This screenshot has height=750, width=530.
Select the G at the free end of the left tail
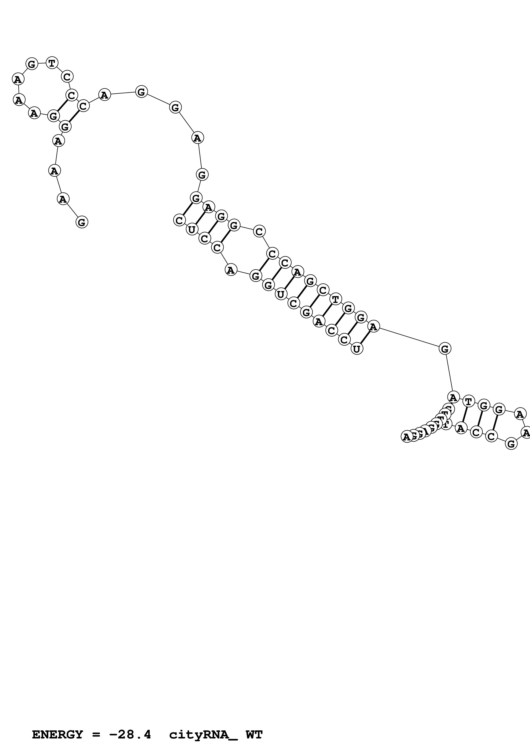point(82,222)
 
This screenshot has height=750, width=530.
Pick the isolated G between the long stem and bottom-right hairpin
point(445,348)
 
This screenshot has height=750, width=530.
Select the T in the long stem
point(335,299)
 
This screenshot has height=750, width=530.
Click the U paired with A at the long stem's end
point(357,349)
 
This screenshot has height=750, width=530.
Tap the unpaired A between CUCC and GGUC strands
point(231,270)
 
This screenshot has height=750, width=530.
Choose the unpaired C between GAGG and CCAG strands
point(259,232)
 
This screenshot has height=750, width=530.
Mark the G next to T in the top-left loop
point(32,64)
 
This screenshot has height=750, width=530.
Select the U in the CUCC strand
point(192,230)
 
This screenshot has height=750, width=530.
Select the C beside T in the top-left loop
point(67,77)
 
